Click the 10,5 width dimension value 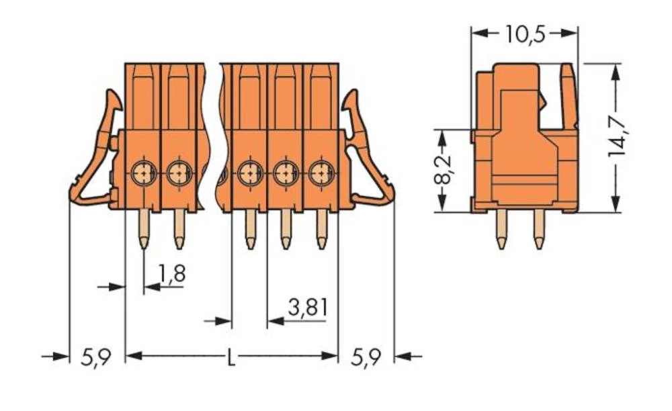click(x=525, y=33)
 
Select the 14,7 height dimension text click(x=618, y=138)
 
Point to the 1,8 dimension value click(x=172, y=273)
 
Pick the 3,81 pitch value click(x=307, y=308)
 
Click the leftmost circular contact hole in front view click(x=143, y=174)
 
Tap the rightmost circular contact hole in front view click(x=321, y=174)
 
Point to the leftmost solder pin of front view click(x=144, y=228)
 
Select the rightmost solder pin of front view click(x=321, y=228)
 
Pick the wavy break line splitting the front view click(x=214, y=134)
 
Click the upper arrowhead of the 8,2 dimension click(x=442, y=136)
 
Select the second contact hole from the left click(x=178, y=174)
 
